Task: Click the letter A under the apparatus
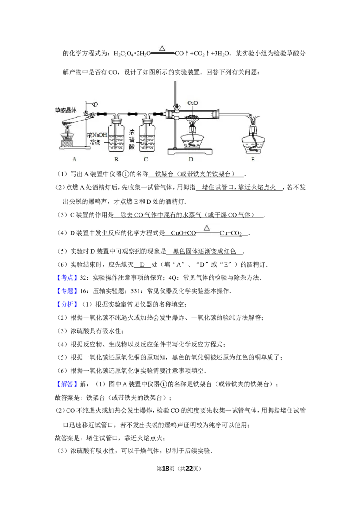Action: tap(75, 159)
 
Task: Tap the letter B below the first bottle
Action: tap(116, 159)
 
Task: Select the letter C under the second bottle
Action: tap(146, 159)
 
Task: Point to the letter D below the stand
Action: tap(191, 159)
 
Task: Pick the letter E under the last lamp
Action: tap(252, 159)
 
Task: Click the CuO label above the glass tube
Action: tap(193, 103)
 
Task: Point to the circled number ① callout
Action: tap(94, 103)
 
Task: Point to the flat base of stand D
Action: tap(191, 150)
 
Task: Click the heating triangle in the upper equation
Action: tap(162, 48)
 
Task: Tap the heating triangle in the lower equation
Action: tap(207, 228)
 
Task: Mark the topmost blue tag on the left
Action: tap(67, 277)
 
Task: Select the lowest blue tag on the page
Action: tap(67, 384)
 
